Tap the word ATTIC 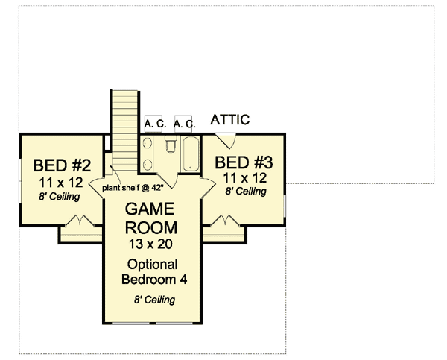point(230,120)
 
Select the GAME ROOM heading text point(150,217)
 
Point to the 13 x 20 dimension point(150,244)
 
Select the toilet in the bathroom point(170,146)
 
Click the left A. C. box point(154,123)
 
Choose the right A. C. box point(184,123)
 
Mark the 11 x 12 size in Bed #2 point(60,181)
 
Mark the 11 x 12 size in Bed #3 point(244,177)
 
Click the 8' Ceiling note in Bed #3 point(244,192)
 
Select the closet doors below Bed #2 point(80,222)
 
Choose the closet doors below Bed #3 point(223,221)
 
